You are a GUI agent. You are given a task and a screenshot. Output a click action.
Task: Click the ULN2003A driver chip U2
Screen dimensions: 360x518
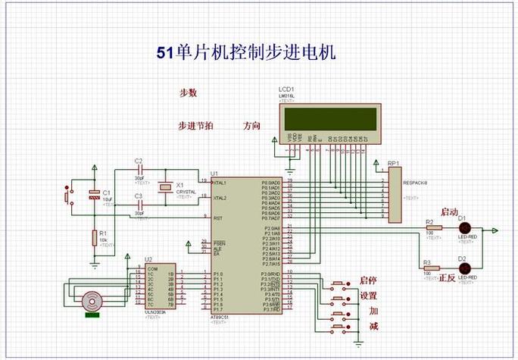(x=160, y=290)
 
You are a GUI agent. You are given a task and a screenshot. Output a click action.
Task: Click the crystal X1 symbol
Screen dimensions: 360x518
(x=166, y=189)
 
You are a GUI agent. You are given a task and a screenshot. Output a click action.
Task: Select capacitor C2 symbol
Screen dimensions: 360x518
(x=139, y=171)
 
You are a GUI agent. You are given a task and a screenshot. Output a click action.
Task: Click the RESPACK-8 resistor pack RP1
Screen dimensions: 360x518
(x=395, y=195)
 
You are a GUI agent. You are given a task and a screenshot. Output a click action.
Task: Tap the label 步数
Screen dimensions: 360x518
(x=188, y=93)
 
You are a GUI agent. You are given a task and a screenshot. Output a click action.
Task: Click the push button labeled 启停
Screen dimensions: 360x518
(x=338, y=284)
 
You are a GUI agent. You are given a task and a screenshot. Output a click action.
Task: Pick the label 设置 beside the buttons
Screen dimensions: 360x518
(x=369, y=296)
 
